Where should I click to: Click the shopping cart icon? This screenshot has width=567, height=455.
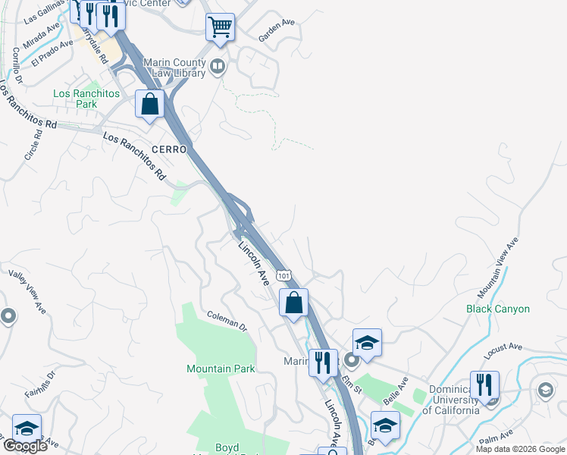tap(220, 27)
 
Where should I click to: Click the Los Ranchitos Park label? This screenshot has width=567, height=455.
tap(86, 99)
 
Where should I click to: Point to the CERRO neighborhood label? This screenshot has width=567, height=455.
tap(169, 150)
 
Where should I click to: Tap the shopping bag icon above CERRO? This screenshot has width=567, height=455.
tap(149, 104)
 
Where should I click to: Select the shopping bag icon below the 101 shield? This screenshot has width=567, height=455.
tap(293, 303)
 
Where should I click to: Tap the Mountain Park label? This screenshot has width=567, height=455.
tap(221, 369)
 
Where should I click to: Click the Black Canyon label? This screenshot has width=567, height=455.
tap(498, 309)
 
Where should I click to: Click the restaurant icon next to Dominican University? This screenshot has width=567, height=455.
tap(484, 385)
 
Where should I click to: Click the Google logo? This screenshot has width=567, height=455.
tap(25, 446)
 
